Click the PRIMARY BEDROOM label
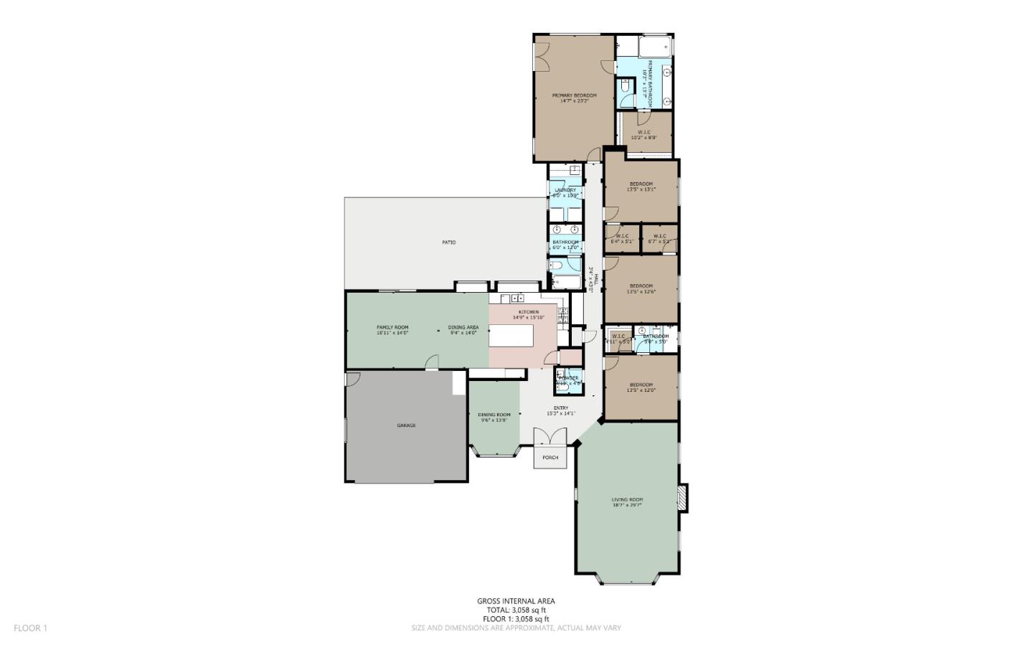click(x=574, y=95)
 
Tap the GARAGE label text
click(x=406, y=425)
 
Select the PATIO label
click(x=448, y=243)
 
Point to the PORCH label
click(x=550, y=458)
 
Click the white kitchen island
click(x=511, y=336)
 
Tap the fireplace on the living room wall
click(x=683, y=498)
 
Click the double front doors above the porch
click(x=550, y=438)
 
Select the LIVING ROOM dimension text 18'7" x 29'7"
click(x=627, y=505)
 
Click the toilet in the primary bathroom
click(x=625, y=87)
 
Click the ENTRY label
click(x=560, y=408)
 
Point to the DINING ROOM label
click(x=494, y=415)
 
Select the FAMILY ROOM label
click(x=392, y=327)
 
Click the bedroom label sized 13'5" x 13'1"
click(x=641, y=184)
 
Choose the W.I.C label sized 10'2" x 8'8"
click(x=643, y=132)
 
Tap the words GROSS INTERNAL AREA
click(x=516, y=601)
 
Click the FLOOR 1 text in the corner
click(x=30, y=628)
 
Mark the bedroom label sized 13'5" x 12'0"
click(x=641, y=385)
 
